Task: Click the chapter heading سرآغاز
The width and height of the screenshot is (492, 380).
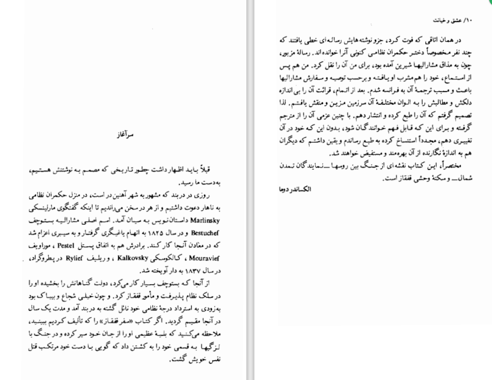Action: pyautogui.click(x=125, y=135)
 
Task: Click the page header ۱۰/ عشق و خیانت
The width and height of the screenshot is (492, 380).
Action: pyautogui.click(x=452, y=20)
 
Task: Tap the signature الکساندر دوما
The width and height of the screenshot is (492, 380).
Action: pyautogui.click(x=295, y=189)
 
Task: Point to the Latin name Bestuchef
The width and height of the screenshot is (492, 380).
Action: pyautogui.click(x=205, y=233)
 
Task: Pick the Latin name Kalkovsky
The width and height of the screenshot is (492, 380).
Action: pyautogui.click(x=132, y=258)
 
